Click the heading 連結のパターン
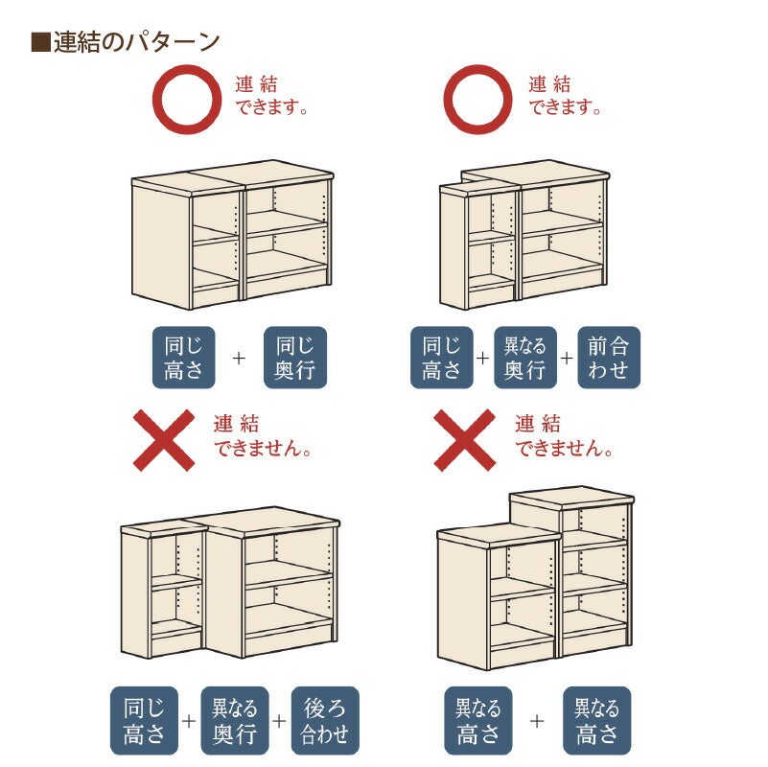(x=136, y=42)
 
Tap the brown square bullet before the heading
(x=39, y=42)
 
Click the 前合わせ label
(x=609, y=358)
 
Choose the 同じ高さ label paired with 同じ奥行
(x=182, y=358)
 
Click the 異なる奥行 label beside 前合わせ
(x=525, y=358)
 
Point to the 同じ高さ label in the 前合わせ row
(x=442, y=358)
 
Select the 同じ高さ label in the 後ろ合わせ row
(x=143, y=721)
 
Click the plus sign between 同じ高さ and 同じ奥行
(x=240, y=358)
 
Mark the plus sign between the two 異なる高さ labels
(x=537, y=721)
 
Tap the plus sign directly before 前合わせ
(x=567, y=358)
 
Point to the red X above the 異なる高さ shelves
(x=465, y=440)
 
